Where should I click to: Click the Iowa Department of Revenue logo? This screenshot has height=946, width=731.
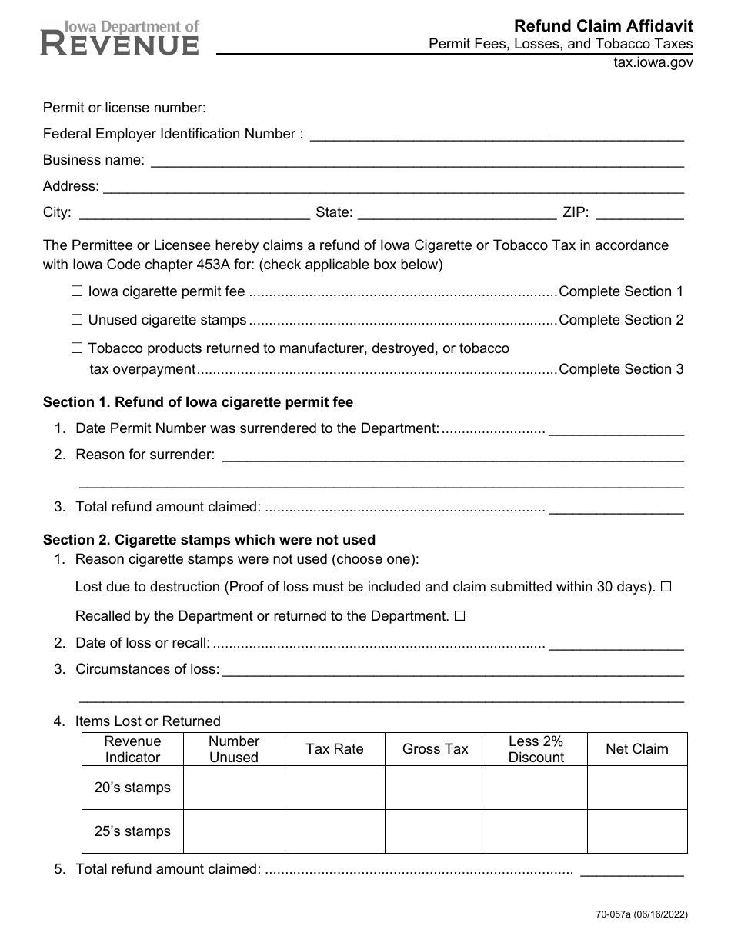119,38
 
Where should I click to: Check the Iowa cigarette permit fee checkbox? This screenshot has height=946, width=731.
77,291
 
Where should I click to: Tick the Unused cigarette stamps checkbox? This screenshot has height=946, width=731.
77,320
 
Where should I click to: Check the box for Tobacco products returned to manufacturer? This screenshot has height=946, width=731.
77,348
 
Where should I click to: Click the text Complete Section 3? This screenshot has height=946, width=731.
621,369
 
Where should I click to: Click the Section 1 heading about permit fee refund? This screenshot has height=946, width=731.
198,402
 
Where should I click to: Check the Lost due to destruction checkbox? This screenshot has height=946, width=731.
666,587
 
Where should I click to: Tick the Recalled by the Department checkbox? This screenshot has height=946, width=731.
460,616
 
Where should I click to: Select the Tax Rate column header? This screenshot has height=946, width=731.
335,749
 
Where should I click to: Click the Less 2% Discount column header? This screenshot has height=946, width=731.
536,749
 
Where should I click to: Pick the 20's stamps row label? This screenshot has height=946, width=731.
132,788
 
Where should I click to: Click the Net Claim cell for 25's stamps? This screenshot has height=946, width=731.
637,831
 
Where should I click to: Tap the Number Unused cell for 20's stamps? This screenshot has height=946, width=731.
234,788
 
